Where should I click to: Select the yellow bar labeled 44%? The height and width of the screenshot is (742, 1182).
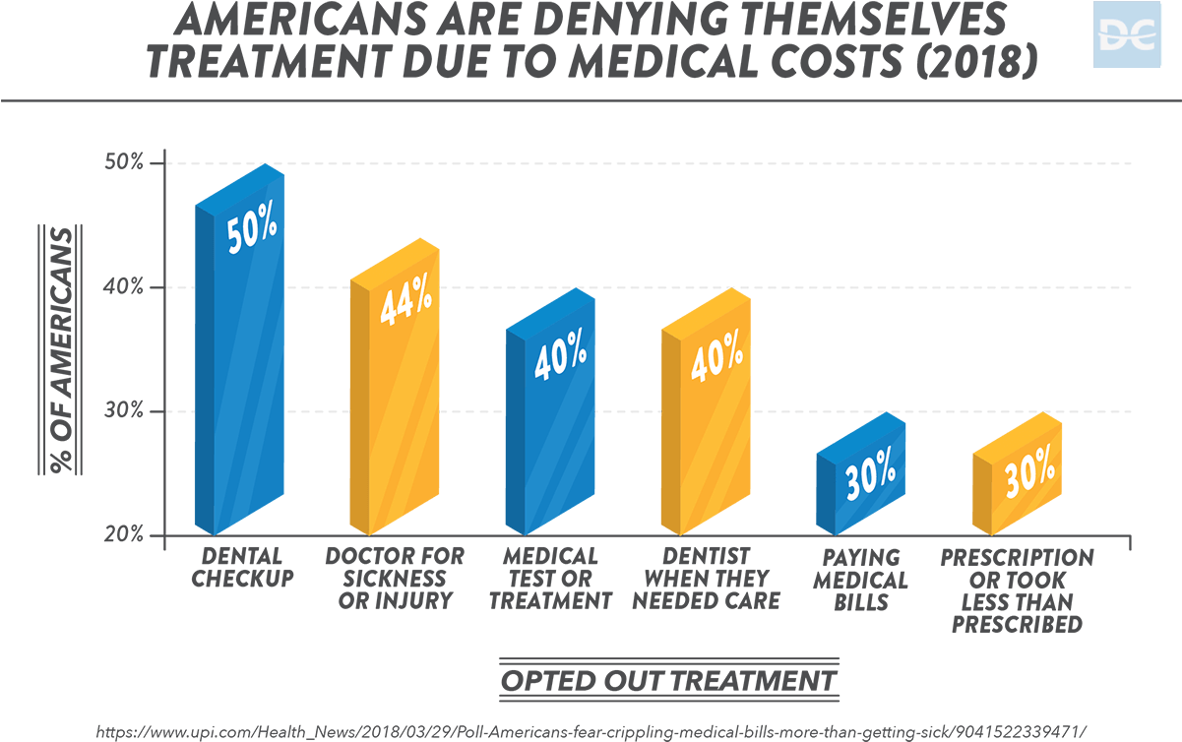point(395,413)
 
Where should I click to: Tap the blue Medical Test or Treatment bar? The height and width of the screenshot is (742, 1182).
point(550,433)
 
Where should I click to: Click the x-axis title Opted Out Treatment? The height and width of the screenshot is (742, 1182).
point(668,680)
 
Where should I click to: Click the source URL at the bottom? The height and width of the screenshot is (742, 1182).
point(591,731)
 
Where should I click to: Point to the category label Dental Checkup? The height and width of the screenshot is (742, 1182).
point(242,567)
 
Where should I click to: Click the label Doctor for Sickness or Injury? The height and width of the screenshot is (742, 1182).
point(395,578)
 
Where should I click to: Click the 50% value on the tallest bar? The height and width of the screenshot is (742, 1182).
point(252,233)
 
